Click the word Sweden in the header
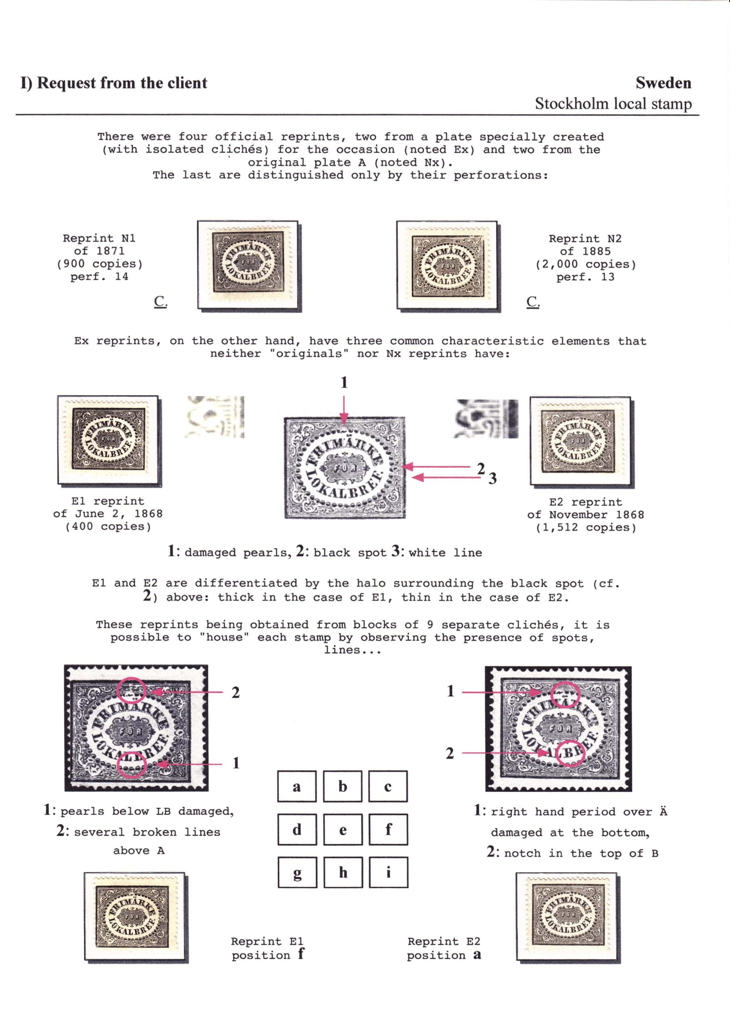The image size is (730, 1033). pyautogui.click(x=663, y=83)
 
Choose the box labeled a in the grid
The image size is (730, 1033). pyautogui.click(x=297, y=786)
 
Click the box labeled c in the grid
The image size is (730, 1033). pyautogui.click(x=388, y=786)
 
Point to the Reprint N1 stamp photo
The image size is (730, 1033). pyautogui.click(x=249, y=266)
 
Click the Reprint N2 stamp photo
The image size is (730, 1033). pyautogui.click(x=448, y=266)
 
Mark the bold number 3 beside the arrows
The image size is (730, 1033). pyautogui.click(x=493, y=479)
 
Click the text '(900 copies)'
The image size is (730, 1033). pyautogui.click(x=99, y=264)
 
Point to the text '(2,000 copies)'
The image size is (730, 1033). pyautogui.click(x=586, y=265)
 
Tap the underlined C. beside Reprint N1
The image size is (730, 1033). pyautogui.click(x=160, y=301)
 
